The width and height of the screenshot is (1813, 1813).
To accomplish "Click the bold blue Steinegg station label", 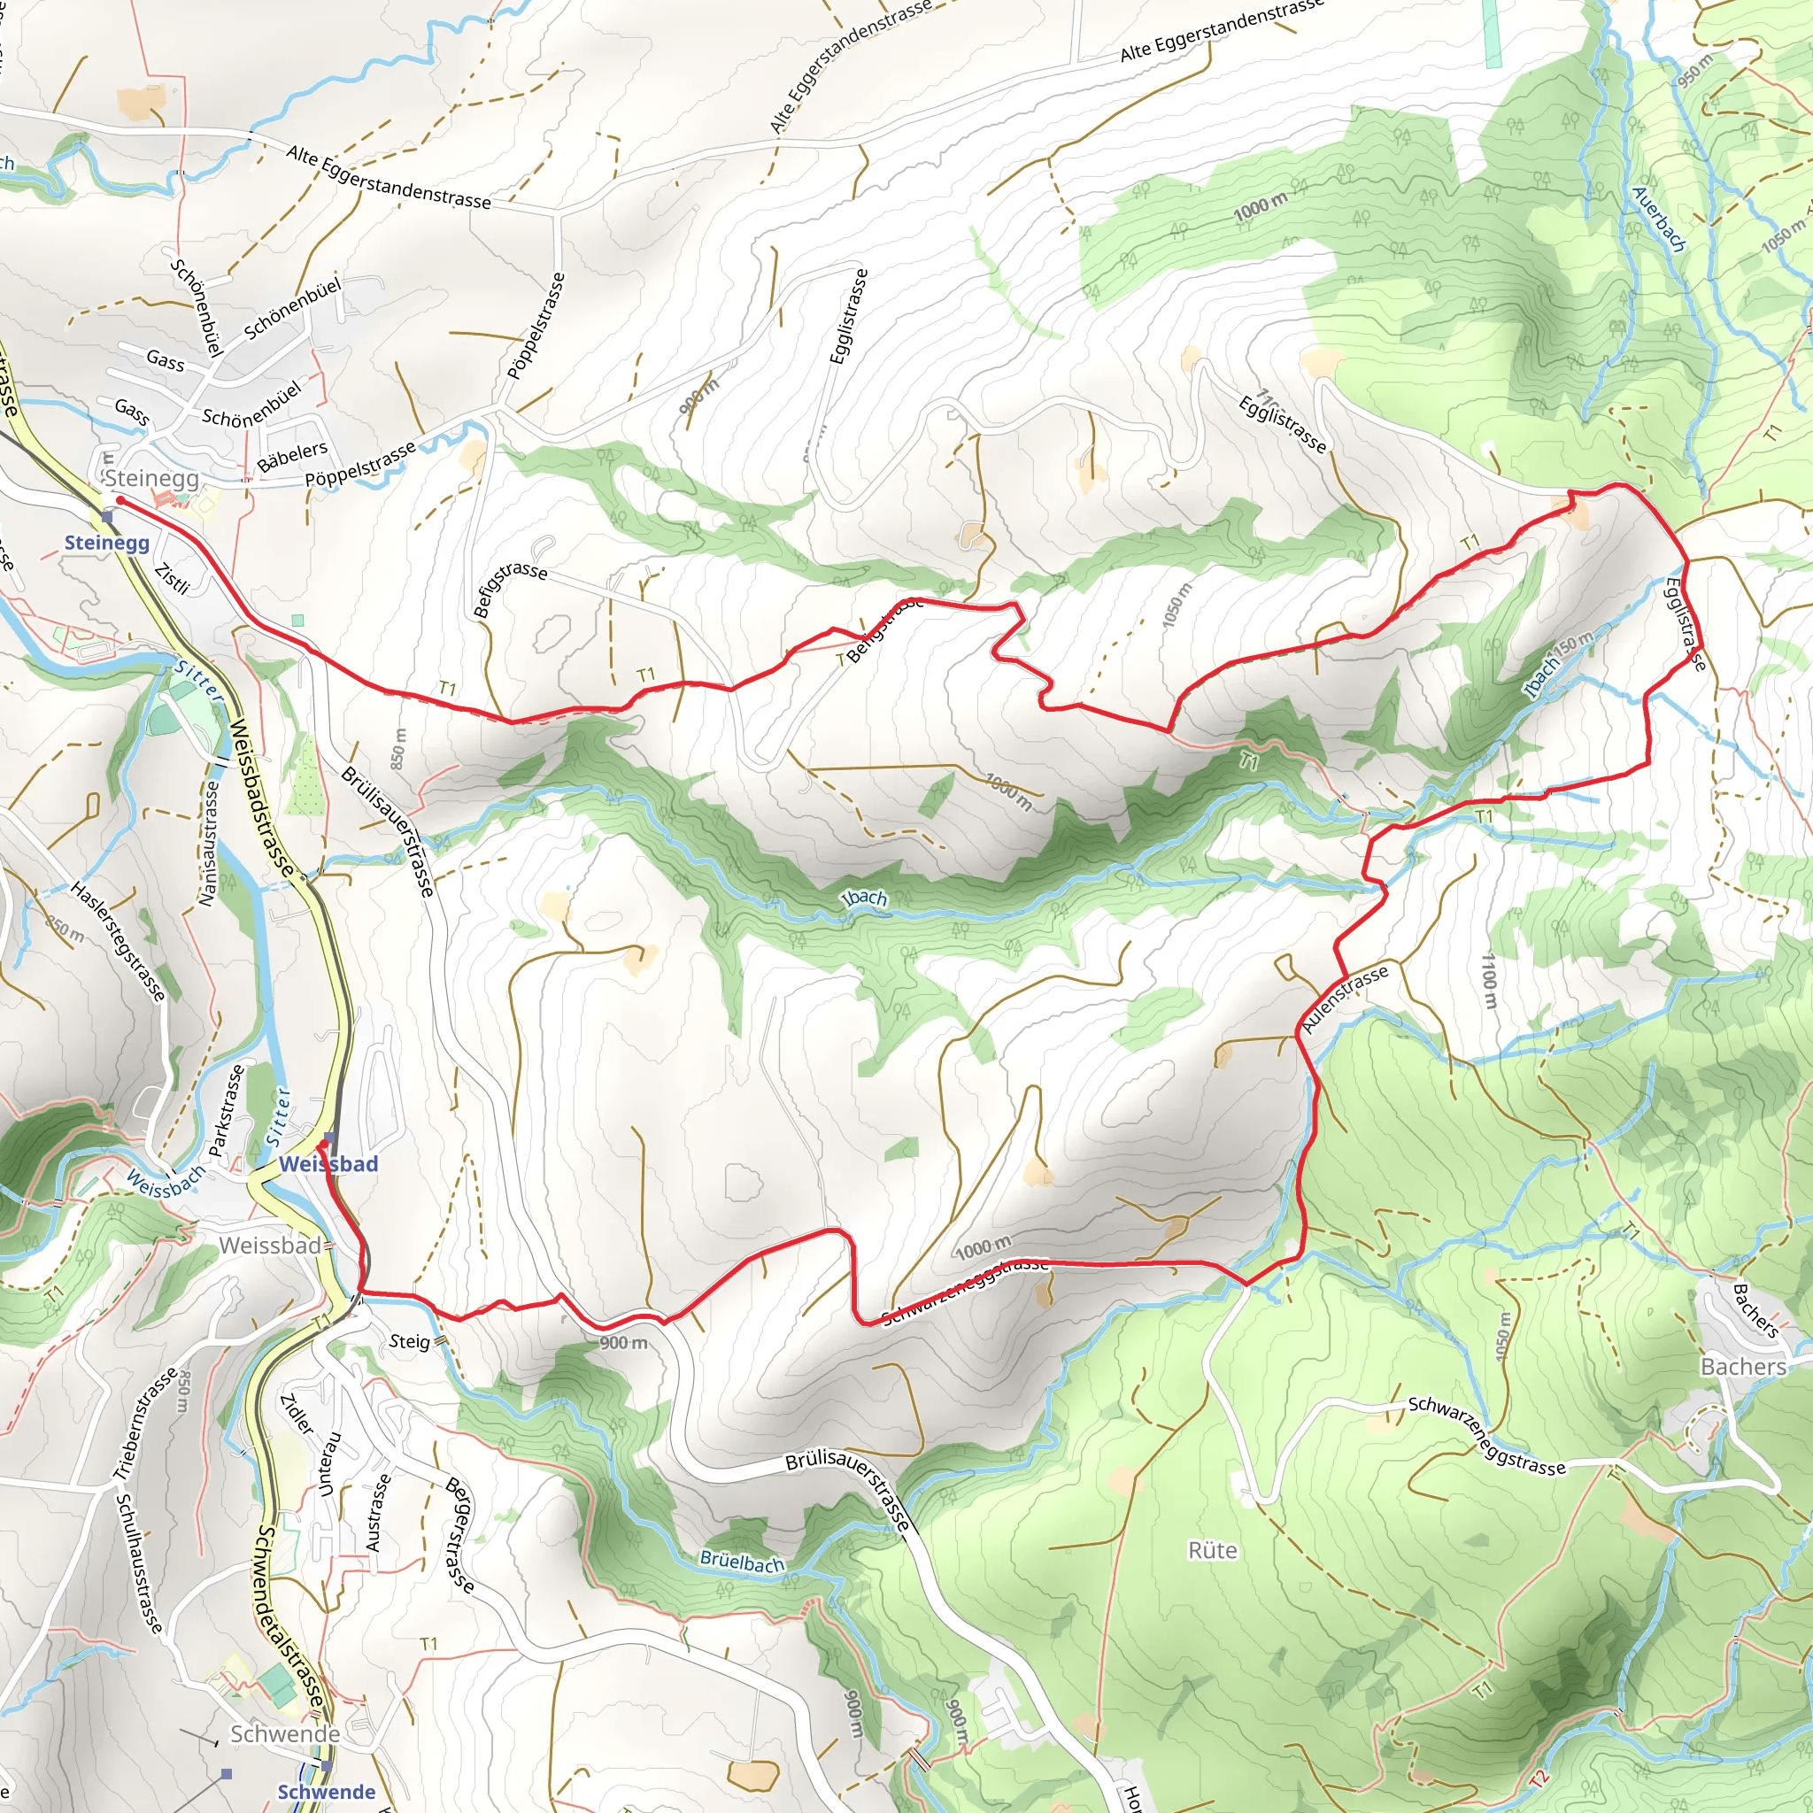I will coord(106,543).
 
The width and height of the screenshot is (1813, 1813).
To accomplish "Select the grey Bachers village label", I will coord(1742,1366).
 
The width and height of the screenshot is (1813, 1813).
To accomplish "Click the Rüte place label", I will coord(1213,1550).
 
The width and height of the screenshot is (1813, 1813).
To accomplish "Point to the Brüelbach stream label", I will coord(741,1562).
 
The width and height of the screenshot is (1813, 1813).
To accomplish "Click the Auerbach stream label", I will coord(1658,219).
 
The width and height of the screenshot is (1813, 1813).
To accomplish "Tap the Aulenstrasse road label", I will coord(1345,999).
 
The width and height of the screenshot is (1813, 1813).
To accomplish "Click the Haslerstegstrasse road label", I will coord(119,941).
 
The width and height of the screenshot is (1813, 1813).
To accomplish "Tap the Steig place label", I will coord(409,1341).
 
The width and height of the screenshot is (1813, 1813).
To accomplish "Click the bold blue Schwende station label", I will coord(326,1792).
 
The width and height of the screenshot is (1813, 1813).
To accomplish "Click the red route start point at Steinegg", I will coord(120,501).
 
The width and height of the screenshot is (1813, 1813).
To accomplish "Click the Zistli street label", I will coord(172,578).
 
